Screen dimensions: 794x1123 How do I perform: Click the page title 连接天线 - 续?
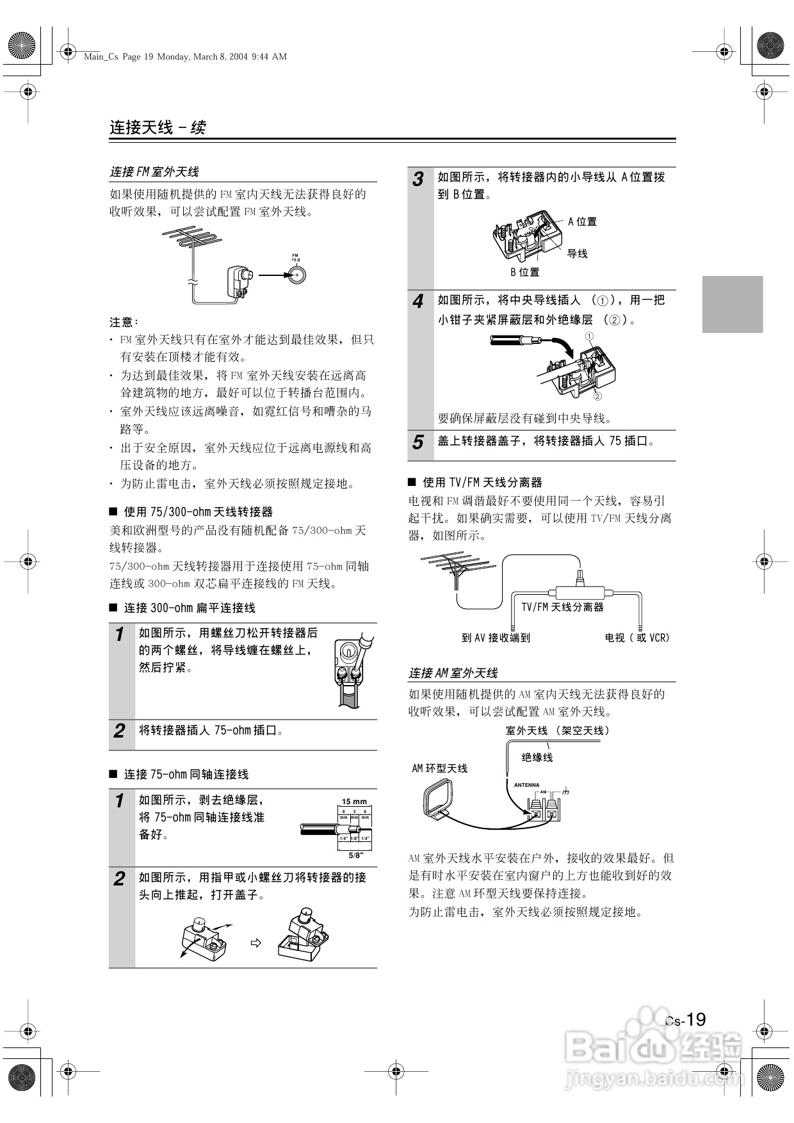tap(158, 127)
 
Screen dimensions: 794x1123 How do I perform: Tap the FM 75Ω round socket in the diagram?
tap(296, 275)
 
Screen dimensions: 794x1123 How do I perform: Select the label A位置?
tap(582, 222)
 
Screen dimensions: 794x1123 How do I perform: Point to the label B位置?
tap(524, 272)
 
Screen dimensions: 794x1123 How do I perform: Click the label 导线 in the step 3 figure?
tap(577, 254)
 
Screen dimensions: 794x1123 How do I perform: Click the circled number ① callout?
tap(590, 336)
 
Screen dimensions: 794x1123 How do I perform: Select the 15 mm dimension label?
tap(354, 802)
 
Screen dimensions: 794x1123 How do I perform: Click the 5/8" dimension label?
tap(356, 855)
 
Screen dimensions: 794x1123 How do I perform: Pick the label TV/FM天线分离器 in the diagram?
tap(562, 606)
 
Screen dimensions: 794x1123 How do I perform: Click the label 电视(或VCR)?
tap(636, 638)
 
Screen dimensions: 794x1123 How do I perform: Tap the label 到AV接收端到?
tap(496, 638)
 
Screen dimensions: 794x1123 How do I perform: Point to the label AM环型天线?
tap(439, 768)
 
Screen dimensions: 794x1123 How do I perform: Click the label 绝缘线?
tap(537, 757)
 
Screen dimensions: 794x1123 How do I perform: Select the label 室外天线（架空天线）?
tap(557, 731)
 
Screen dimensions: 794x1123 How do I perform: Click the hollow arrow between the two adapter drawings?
tap(255, 943)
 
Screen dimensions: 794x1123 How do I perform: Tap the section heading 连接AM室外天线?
tap(453, 673)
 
